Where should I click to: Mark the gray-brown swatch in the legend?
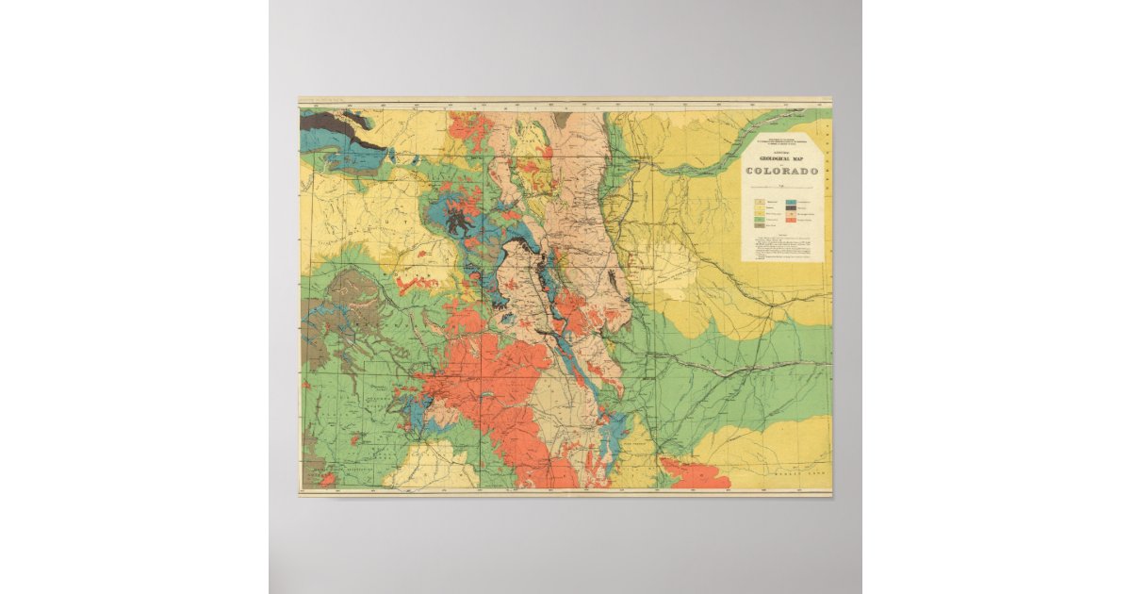(759, 230)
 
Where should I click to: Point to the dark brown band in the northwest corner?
(325, 120)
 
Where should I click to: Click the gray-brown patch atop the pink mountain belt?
(562, 121)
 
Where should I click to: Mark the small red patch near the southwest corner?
(327, 480)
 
